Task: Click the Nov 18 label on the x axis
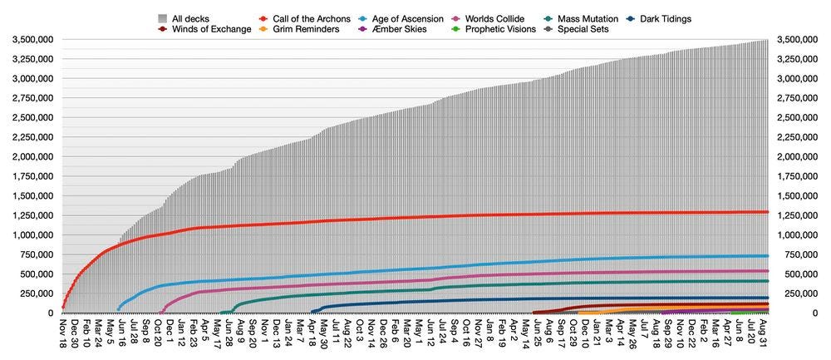(x=62, y=328)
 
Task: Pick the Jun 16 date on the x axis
(x=122, y=328)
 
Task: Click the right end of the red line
(x=767, y=212)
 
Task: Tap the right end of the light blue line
(x=767, y=256)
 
